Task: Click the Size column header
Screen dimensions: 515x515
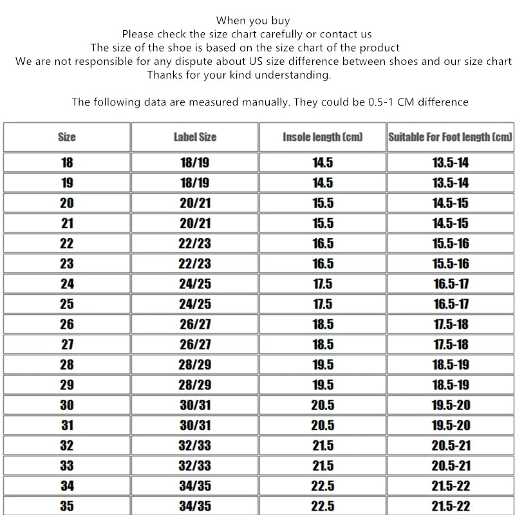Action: pyautogui.click(x=67, y=137)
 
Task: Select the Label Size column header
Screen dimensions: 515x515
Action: pyautogui.click(x=194, y=137)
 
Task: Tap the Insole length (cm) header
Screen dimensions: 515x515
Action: pyautogui.click(x=323, y=137)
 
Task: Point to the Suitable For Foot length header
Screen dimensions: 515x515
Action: pyautogui.click(x=450, y=137)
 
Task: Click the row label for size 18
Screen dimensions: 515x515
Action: pyautogui.click(x=67, y=162)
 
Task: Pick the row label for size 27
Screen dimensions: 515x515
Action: pyautogui.click(x=67, y=344)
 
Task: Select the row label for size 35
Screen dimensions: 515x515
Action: pyautogui.click(x=67, y=506)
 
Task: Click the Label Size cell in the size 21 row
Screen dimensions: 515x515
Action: pyautogui.click(x=194, y=223)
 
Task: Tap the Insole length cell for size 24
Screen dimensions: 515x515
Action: pyautogui.click(x=323, y=284)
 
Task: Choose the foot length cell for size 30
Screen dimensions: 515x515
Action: pyautogui.click(x=450, y=405)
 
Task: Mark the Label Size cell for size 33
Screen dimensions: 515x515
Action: pyautogui.click(x=194, y=465)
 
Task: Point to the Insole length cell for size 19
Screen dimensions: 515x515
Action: pyautogui.click(x=323, y=183)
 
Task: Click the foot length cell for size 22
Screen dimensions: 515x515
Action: pyautogui.click(x=450, y=243)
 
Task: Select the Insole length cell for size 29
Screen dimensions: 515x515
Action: pyautogui.click(x=323, y=385)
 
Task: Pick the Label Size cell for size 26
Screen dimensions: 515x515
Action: pyautogui.click(x=194, y=324)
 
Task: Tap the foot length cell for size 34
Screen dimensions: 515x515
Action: pyautogui.click(x=450, y=486)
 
